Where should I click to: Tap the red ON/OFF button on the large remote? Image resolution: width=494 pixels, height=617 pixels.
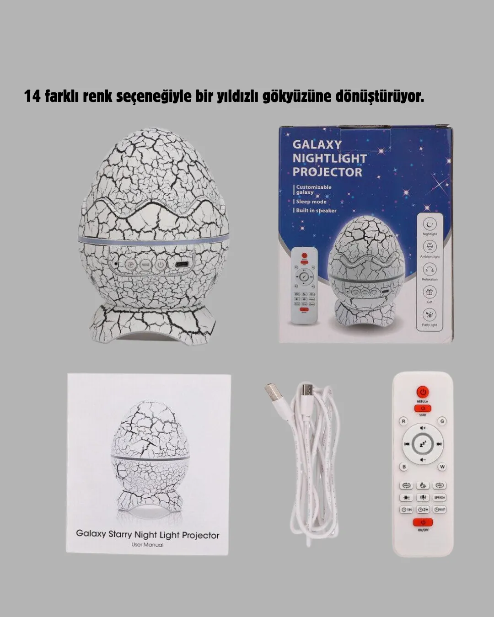pyautogui.click(x=423, y=522)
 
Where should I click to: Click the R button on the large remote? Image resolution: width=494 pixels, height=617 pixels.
pyautogui.click(x=403, y=421)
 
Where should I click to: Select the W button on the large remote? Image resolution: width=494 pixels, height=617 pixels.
pyautogui.click(x=442, y=467)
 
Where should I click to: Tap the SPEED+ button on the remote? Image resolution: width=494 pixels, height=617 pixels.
pyautogui.click(x=440, y=497)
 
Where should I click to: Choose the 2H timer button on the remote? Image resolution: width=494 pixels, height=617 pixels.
pyautogui.click(x=423, y=509)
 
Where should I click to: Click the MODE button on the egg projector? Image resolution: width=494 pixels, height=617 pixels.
pyautogui.click(x=145, y=264)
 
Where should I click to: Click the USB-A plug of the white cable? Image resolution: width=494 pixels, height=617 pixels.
pyautogui.click(x=273, y=394)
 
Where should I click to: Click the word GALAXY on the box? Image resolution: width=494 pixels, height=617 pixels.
pyautogui.click(x=317, y=144)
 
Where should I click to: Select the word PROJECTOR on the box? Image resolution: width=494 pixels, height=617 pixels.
pyautogui.click(x=327, y=172)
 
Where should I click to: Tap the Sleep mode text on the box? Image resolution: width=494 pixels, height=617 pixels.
pyautogui.click(x=311, y=202)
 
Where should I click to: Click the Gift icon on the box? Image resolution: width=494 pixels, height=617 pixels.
pyautogui.click(x=430, y=292)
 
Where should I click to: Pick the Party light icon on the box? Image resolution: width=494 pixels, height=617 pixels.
pyautogui.click(x=430, y=314)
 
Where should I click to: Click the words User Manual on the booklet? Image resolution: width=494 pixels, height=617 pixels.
pyautogui.click(x=147, y=544)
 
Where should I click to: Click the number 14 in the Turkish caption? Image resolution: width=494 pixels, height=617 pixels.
pyautogui.click(x=32, y=96)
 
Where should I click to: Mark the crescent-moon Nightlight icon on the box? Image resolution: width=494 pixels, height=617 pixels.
pyautogui.click(x=430, y=224)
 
